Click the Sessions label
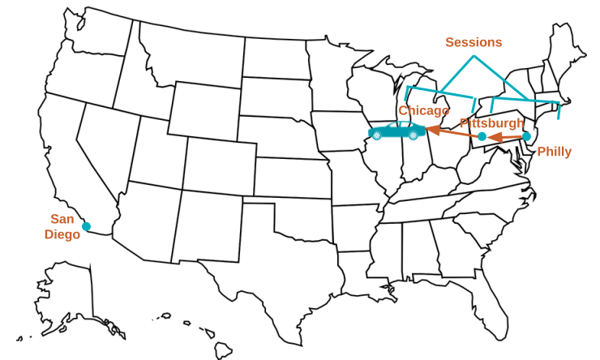click(474, 42)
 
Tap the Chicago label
click(423, 110)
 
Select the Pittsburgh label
click(491, 123)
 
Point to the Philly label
click(554, 152)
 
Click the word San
click(62, 219)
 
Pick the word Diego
click(62, 234)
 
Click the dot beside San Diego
click(86, 226)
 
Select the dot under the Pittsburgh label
click(482, 136)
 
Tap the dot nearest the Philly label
click(526, 136)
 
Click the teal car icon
click(397, 131)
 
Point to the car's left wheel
click(377, 136)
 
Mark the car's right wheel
click(413, 136)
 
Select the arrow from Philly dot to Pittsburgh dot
click(504, 137)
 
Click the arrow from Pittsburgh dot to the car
click(454, 132)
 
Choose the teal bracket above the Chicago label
click(439, 92)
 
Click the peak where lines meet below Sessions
click(474, 56)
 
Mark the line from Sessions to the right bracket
click(501, 78)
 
